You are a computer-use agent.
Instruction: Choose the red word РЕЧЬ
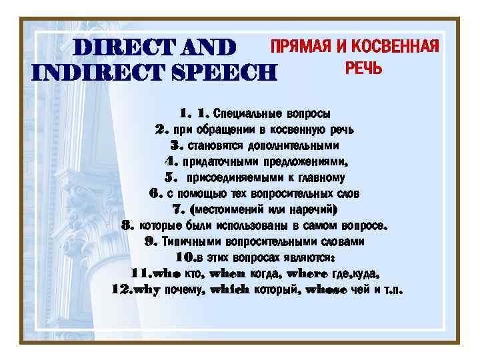tap(363, 69)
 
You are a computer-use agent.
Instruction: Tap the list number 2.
tap(161, 129)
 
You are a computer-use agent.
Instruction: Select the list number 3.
tap(177, 145)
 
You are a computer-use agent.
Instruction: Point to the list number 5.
tap(171, 178)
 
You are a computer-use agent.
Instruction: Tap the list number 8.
tap(129, 226)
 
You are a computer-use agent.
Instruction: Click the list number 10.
tap(186, 258)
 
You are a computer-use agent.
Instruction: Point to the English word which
tap(229, 290)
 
